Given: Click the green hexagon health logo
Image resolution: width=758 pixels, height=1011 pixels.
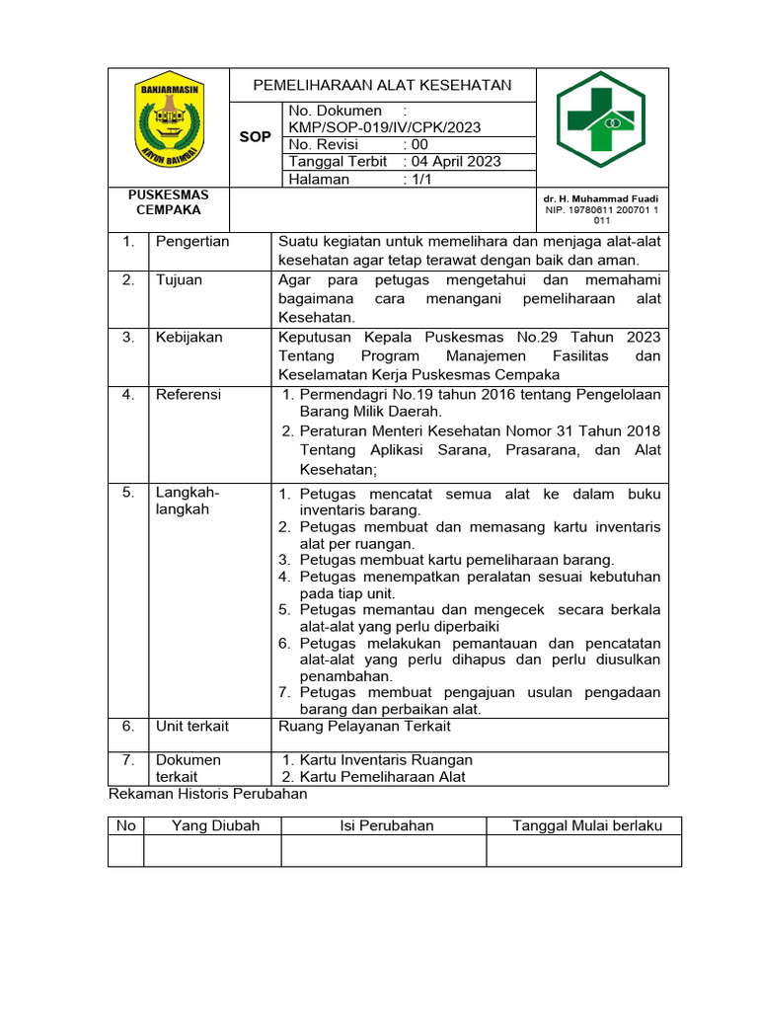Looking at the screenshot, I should point(600,126).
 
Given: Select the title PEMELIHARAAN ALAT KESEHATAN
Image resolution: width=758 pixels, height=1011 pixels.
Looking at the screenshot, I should point(382,85).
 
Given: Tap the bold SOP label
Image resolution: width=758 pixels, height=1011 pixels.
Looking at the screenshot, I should point(255,137).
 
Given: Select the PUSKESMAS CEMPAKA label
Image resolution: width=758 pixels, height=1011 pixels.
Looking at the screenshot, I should point(169,202).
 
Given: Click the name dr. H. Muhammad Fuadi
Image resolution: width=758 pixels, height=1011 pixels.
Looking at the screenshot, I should point(600,198).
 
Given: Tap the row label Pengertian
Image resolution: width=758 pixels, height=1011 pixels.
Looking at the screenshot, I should point(192,241).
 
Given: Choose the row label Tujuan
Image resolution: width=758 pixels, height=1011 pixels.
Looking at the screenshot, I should point(179,279).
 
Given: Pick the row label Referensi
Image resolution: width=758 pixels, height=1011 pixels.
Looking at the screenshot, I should point(189,394).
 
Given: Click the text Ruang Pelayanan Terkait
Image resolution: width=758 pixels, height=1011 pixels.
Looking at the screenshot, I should point(364,726).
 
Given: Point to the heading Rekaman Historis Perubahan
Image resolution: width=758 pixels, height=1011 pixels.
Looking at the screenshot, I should point(207,794).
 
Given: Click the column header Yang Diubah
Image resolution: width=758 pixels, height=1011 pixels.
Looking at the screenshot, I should point(215,825).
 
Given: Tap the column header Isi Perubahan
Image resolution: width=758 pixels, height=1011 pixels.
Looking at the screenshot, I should point(387,825).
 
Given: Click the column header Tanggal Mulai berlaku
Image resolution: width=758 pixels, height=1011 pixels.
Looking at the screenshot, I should point(586,825).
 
